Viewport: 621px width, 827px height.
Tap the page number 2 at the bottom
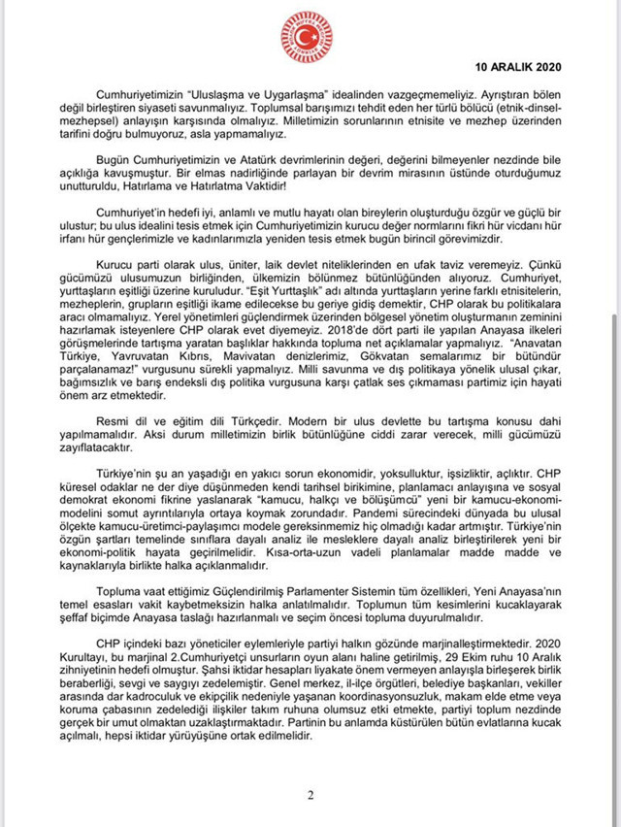pos(310,796)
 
